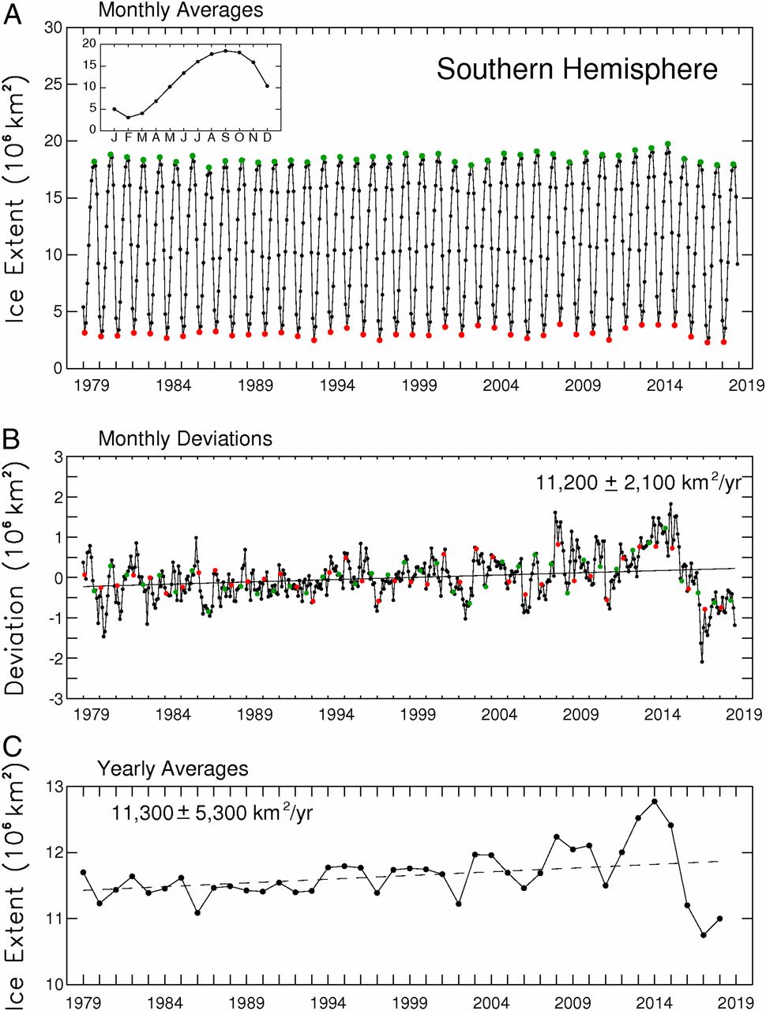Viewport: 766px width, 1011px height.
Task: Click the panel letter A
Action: tap(13, 13)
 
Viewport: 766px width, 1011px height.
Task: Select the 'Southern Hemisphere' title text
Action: tap(577, 70)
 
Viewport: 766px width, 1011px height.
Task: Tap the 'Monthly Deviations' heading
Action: tap(185, 439)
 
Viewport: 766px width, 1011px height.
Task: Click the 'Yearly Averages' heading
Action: tap(172, 769)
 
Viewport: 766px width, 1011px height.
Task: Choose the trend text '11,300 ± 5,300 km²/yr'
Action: tap(212, 811)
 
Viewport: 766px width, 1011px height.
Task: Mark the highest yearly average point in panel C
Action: tap(655, 802)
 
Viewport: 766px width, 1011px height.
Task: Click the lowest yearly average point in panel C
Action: tap(703, 935)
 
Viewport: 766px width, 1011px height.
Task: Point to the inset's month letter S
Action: tap(225, 137)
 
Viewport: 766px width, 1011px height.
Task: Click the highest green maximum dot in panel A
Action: tap(668, 145)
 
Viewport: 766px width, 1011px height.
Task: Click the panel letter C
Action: tap(13, 747)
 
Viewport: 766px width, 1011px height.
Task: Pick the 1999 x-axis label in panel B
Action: tap(419, 716)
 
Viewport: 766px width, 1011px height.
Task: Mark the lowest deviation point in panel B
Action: tap(702, 662)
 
